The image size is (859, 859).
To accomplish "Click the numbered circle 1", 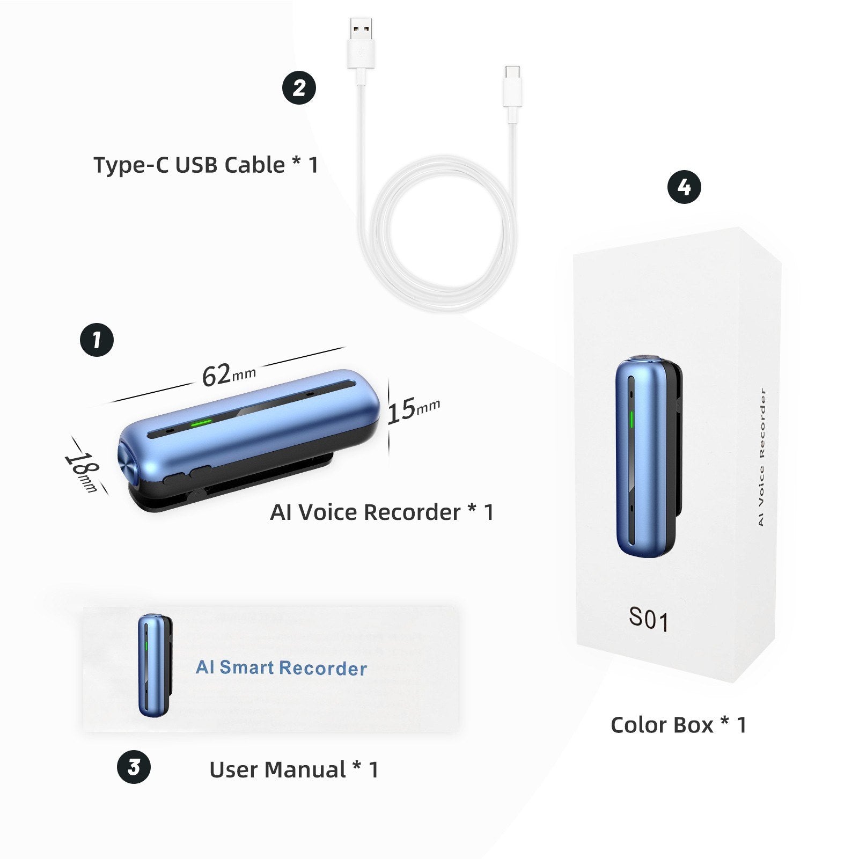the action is [97, 340].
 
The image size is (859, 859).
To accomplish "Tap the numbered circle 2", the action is [299, 87].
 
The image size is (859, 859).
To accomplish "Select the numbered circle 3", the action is [134, 767].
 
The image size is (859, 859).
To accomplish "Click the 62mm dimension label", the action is [229, 375].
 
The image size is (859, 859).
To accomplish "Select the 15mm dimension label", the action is [413, 410].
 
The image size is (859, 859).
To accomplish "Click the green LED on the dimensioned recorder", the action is [202, 422].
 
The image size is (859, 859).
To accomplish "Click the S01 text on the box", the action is [649, 619].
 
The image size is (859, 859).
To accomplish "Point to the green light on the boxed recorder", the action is [632, 420].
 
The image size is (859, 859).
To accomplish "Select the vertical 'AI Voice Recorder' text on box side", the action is [761, 457].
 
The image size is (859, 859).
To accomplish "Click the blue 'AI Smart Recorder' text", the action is [281, 667].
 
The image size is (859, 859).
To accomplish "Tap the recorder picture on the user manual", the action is [155, 665].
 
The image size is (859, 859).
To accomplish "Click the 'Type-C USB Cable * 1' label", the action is [206, 165].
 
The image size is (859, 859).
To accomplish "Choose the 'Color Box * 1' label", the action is [679, 725].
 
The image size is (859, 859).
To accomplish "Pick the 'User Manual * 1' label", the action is [294, 770].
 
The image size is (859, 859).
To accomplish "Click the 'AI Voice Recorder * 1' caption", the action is [382, 512].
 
